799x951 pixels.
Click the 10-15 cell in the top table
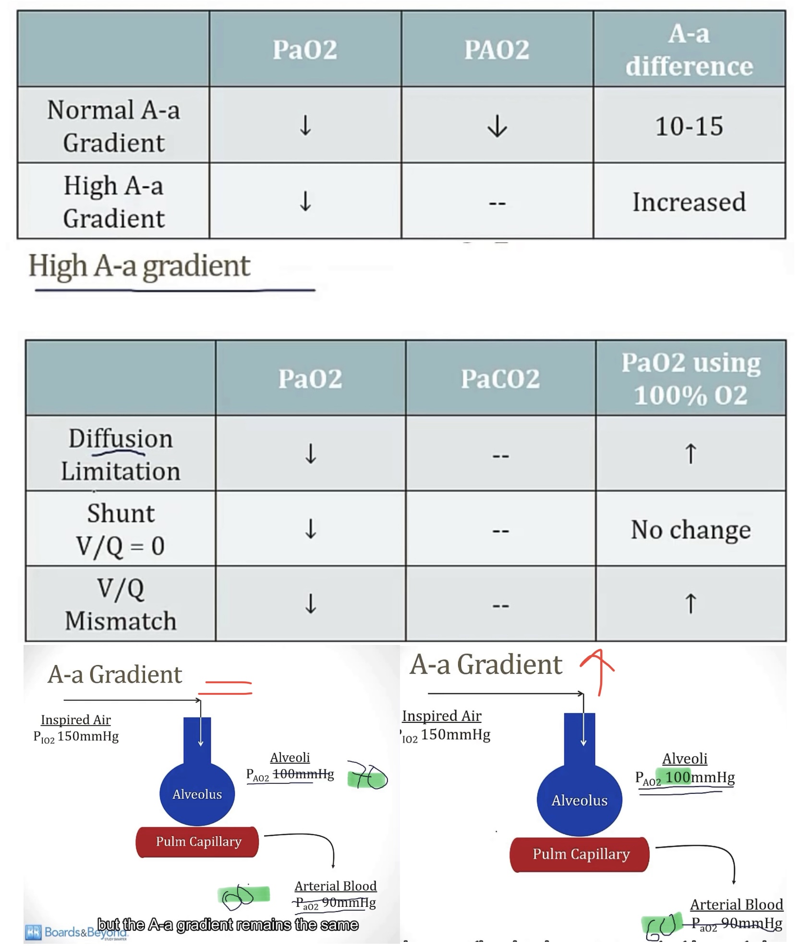click(x=689, y=126)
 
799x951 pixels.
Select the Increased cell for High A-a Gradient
click(x=689, y=202)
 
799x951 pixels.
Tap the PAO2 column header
click(x=496, y=49)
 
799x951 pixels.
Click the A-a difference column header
click(x=689, y=49)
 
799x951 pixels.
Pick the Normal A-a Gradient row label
click(x=113, y=126)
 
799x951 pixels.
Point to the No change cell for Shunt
click(x=690, y=530)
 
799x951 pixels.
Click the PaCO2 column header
click(x=500, y=379)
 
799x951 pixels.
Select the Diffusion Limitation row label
click(x=120, y=454)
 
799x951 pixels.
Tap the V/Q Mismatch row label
click(x=120, y=604)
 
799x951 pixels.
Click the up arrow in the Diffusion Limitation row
click(x=690, y=454)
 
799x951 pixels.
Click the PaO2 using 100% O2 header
click(x=690, y=379)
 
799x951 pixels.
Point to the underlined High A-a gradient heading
click(x=139, y=266)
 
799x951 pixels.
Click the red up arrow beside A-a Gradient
click(x=597, y=670)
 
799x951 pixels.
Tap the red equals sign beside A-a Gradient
click(x=226, y=687)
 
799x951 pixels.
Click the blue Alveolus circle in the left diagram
click(x=197, y=794)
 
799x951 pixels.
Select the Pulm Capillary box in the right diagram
click(x=579, y=854)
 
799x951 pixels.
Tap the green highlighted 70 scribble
click(x=368, y=778)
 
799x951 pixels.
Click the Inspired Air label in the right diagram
click(x=441, y=716)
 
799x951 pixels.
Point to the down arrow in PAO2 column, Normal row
click(x=496, y=126)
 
